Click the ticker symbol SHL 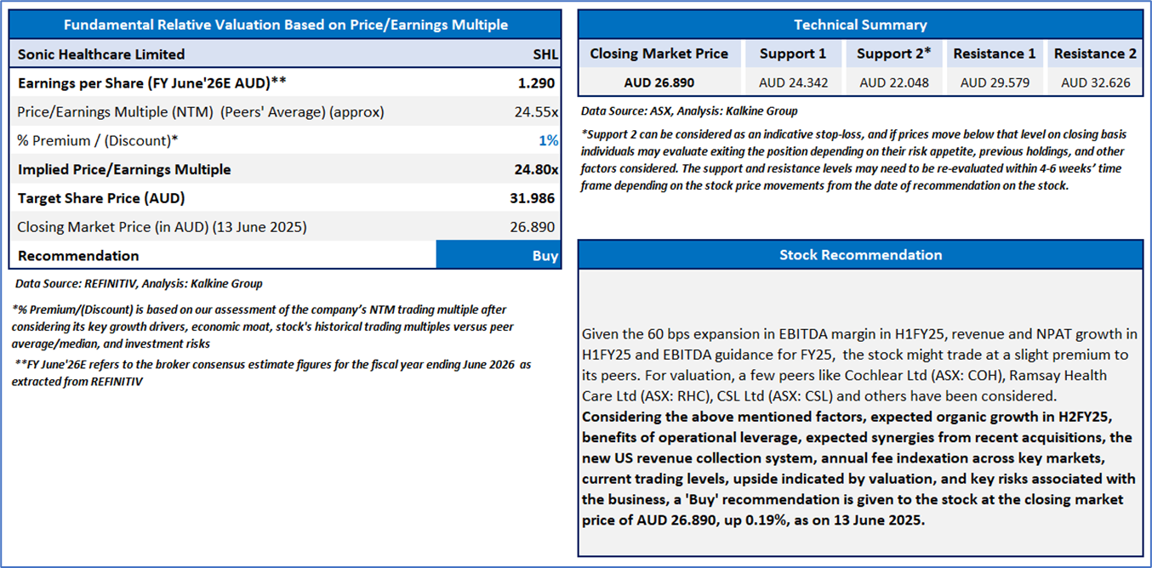(x=545, y=54)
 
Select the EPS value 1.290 (x=536, y=83)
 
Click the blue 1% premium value (x=548, y=141)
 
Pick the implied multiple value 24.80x (x=536, y=170)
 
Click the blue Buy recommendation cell (x=498, y=256)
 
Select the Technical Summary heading (x=860, y=25)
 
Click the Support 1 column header (x=792, y=54)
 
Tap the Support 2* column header (x=893, y=54)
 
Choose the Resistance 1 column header (x=995, y=54)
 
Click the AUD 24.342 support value (x=792, y=82)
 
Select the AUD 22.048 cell (x=893, y=82)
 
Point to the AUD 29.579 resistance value (x=995, y=82)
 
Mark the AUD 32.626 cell (x=1095, y=82)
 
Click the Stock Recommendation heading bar (x=860, y=255)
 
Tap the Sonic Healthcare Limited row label (x=101, y=54)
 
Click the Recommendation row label (x=78, y=256)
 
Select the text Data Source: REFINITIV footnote (x=140, y=284)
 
